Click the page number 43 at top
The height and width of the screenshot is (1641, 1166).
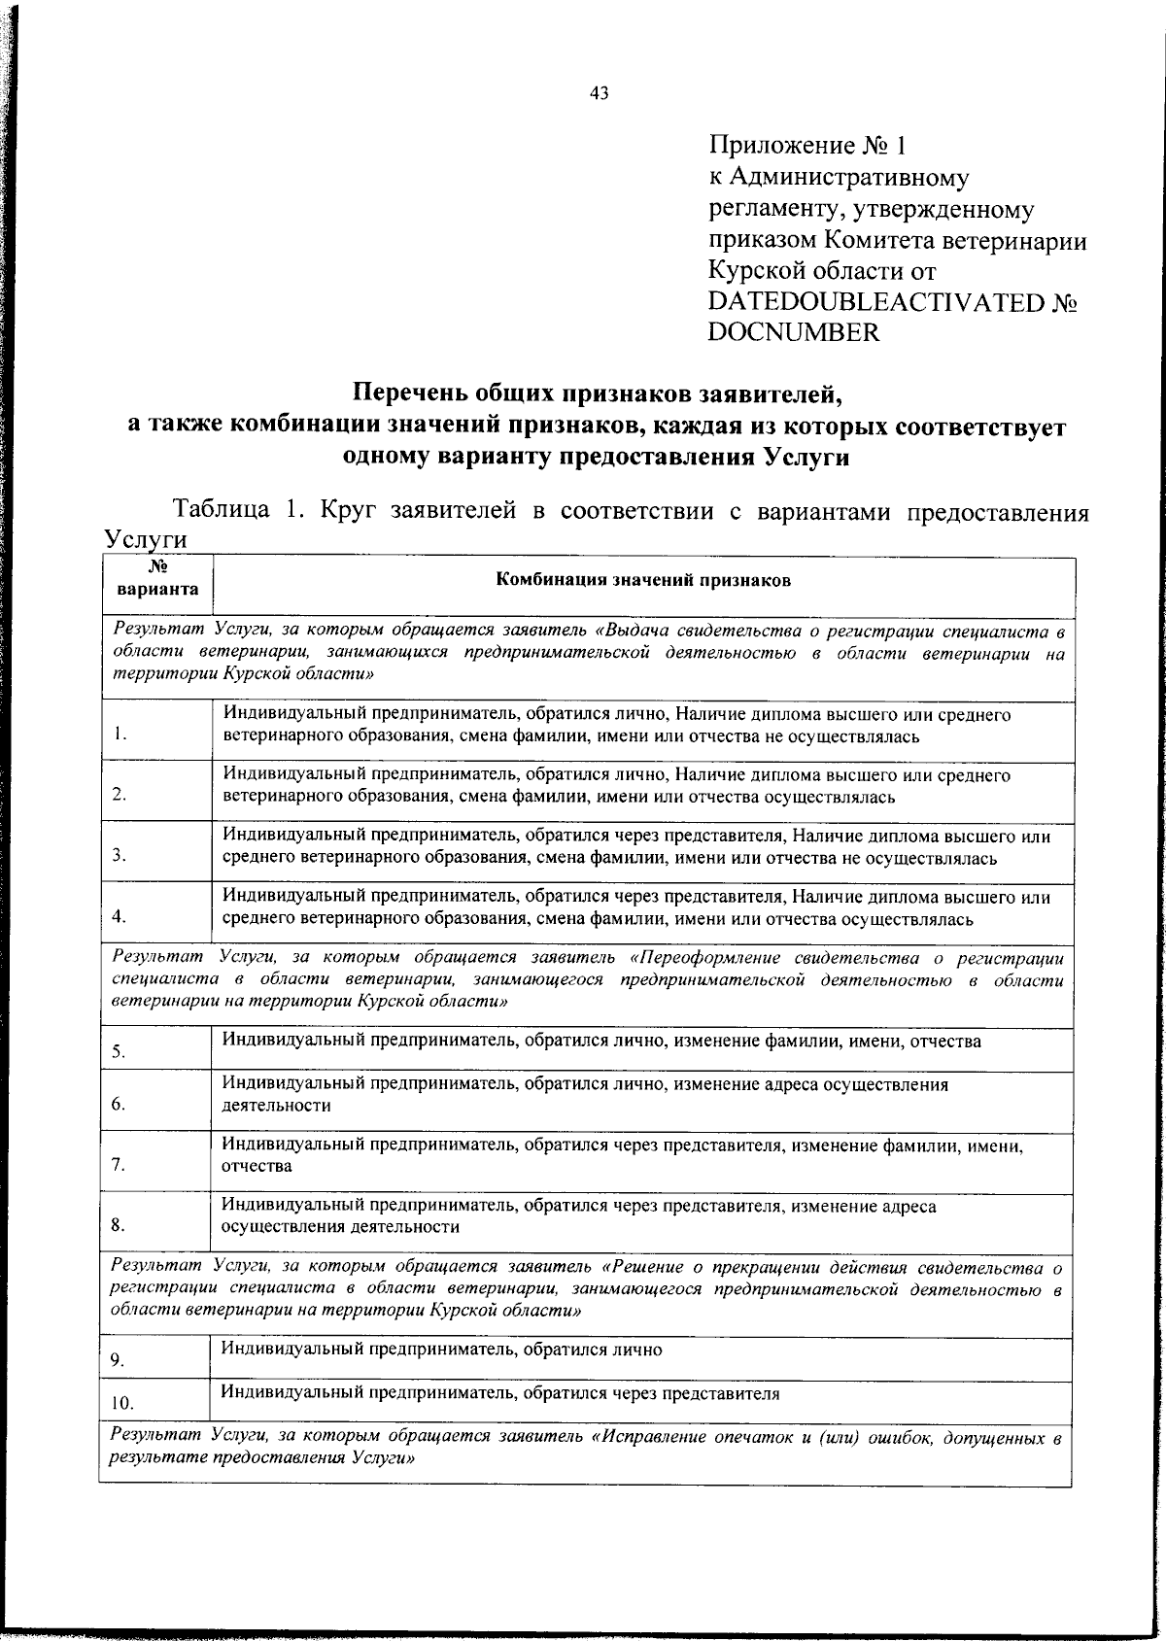[x=599, y=93]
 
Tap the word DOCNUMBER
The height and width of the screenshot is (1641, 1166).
[x=794, y=333]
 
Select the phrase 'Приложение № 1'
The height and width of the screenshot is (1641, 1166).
[x=807, y=147]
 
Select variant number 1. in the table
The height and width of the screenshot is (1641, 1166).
[x=119, y=735]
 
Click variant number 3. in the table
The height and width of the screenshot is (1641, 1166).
[x=119, y=856]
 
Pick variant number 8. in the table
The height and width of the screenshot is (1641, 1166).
[x=119, y=1225]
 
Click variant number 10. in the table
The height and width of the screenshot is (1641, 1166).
[x=121, y=1403]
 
